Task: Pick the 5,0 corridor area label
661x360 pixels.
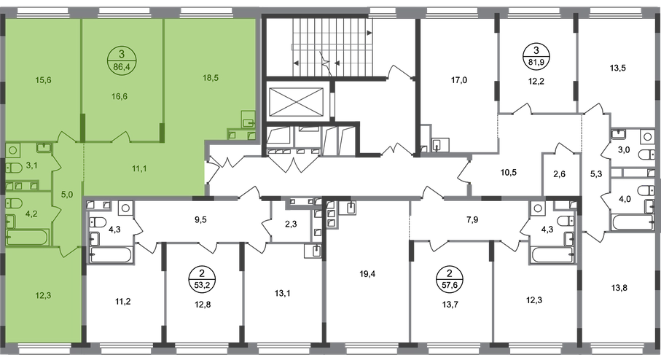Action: (67, 195)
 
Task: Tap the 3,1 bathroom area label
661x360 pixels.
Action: (31, 166)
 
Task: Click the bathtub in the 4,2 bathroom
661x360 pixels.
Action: (27, 236)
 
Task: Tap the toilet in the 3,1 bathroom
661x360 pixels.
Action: (12, 168)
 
